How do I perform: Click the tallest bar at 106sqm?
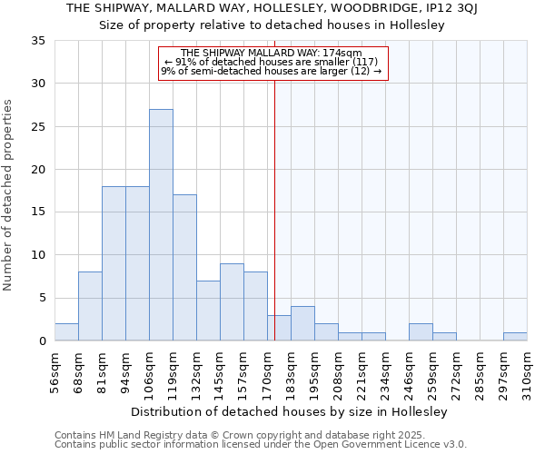pyautogui.click(x=161, y=225)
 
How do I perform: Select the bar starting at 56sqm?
pyautogui.click(x=66, y=332)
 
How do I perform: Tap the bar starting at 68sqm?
pyautogui.click(x=90, y=306)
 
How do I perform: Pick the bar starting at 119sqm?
pyautogui.click(x=184, y=268)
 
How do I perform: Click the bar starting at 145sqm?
pyautogui.click(x=232, y=302)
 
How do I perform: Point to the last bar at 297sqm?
pyautogui.click(x=515, y=337)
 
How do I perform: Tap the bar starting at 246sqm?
pyautogui.click(x=421, y=332)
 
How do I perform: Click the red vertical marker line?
pyautogui.click(x=274, y=209)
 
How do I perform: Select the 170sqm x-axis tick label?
pyautogui.click(x=267, y=371)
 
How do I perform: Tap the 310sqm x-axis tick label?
pyautogui.click(x=527, y=371)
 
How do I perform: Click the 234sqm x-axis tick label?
pyautogui.click(x=385, y=371)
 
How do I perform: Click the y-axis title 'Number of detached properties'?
pyautogui.click(x=9, y=195)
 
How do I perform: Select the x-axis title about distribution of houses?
pyautogui.click(x=290, y=411)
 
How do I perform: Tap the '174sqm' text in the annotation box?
pyautogui.click(x=346, y=54)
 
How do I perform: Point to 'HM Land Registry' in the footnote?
pyautogui.click(x=133, y=436)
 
